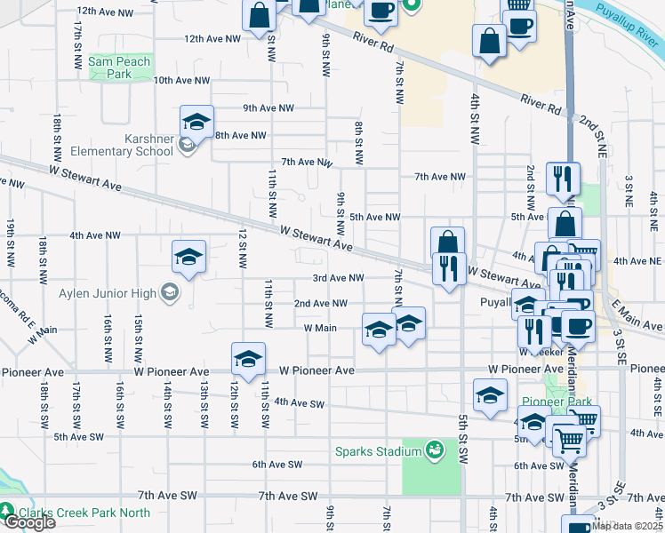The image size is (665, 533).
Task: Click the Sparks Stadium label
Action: pos(378,452)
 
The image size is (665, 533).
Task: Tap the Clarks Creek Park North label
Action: pos(81,513)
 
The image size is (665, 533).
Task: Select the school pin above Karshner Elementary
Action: pos(197,123)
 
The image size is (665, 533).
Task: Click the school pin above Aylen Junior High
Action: pos(188,258)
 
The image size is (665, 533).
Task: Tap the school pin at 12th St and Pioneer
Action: pos(248,360)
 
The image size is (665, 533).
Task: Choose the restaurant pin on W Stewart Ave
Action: pos(450,269)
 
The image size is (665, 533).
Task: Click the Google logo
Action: pos(29,522)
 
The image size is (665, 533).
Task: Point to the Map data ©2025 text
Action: pos(627,526)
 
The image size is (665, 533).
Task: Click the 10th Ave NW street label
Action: pos(181,80)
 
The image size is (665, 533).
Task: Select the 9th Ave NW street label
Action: pos(268,107)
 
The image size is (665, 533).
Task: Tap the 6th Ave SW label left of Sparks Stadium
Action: pos(277,465)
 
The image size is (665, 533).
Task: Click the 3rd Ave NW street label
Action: pos(338,278)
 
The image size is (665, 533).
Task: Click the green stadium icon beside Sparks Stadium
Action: pos(435,450)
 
